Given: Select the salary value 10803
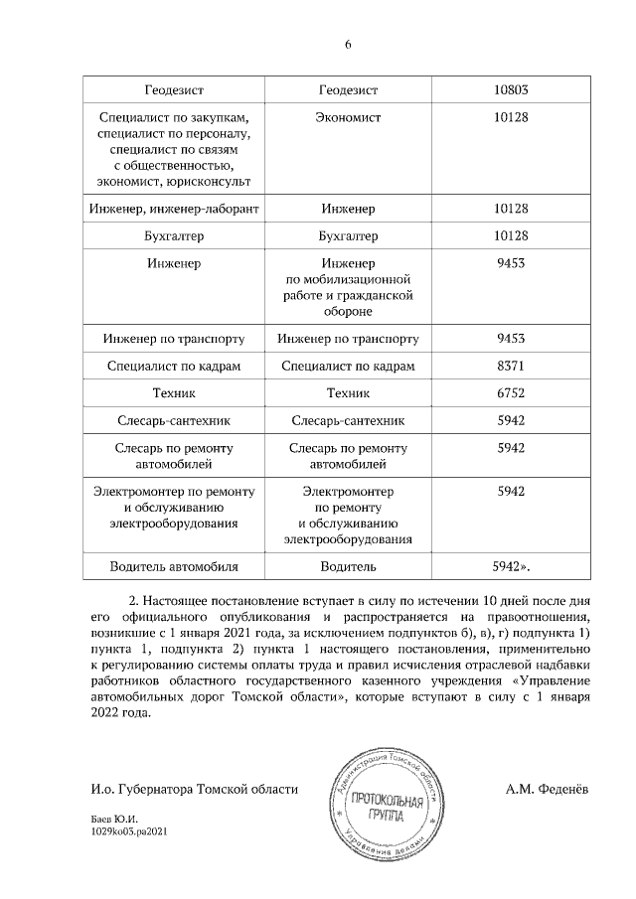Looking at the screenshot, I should pos(510,90).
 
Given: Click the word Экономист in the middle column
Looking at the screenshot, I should pos(349,117).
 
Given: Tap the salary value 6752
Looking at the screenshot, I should pos(510,393).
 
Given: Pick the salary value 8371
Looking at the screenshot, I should pos(510,366).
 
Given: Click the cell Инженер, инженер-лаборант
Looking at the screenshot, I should pos(174,209).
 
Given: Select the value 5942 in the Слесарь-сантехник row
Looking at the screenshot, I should pos(510,420).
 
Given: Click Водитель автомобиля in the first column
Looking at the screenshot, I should pos(174,567).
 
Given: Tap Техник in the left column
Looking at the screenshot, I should pos(174,393).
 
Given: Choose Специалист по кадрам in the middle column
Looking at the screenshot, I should pos(349,366).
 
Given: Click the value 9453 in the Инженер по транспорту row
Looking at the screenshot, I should pos(510,339).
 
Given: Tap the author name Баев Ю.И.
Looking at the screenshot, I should pos(112,821).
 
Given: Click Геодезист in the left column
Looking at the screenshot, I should pos(174,90).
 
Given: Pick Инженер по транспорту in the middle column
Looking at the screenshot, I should pos(349,339).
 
